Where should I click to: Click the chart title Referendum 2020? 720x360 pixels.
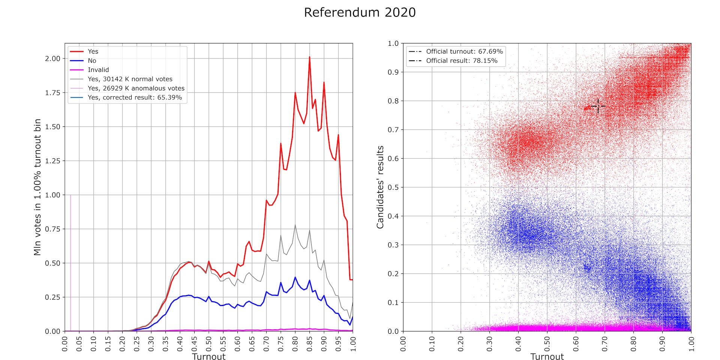coord(360,12)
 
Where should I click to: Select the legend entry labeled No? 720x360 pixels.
coord(92,61)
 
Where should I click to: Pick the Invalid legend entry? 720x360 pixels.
coord(98,70)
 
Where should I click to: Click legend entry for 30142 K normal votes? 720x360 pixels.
coord(130,79)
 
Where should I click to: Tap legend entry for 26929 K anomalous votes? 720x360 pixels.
coord(136,88)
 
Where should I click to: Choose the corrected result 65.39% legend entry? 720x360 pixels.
coord(135,97)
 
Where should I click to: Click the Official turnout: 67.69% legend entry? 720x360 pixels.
coord(464,51)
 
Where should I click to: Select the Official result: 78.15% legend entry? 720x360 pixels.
coord(462,61)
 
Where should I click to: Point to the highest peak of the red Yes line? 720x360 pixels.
coord(309,57)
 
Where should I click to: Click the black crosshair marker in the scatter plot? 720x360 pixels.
coord(598,106)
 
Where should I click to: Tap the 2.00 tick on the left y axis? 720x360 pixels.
coord(52,58)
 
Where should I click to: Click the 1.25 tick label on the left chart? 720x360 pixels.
coord(52,161)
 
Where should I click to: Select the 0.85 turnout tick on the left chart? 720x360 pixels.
coord(309,343)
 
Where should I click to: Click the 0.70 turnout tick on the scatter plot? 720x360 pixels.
coord(604,343)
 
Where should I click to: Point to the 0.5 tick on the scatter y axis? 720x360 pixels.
coord(393,187)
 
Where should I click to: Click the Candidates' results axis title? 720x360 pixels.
coord(380,187)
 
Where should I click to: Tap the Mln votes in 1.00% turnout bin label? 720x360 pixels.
coord(37,187)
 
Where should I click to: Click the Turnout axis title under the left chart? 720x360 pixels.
coord(208,356)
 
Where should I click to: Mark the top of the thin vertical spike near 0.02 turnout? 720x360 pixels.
coord(70,195)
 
